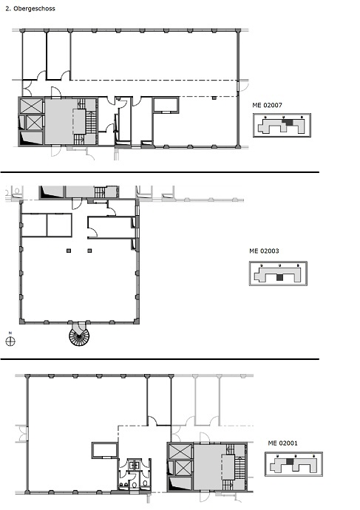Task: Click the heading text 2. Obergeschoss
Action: click(30, 8)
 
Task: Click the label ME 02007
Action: click(267, 105)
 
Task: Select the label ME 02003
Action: click(264, 251)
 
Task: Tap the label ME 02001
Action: click(282, 443)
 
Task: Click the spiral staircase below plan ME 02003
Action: click(79, 335)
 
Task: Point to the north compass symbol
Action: click(10, 340)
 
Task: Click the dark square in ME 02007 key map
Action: click(287, 122)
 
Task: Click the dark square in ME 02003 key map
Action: click(279, 277)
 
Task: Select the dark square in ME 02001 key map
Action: click(290, 461)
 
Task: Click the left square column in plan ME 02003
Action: click(69, 251)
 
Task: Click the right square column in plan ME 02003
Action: click(89, 251)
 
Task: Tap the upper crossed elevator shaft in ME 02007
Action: click(31, 106)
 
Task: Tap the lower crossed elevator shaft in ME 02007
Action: click(33, 122)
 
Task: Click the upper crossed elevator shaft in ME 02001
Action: click(181, 452)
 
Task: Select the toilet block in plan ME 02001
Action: click(135, 474)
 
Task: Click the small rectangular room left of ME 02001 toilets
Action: click(104, 450)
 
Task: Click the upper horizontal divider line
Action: click(160, 172)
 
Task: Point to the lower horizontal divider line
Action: click(160, 359)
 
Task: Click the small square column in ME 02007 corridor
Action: click(214, 98)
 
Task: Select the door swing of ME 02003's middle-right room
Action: click(93, 233)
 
